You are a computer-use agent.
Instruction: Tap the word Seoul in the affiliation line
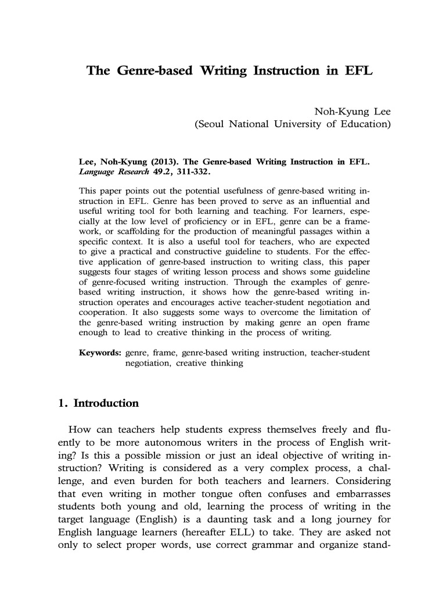pyautogui.click(x=211, y=124)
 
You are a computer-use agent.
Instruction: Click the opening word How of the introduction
pyautogui.click(x=79, y=430)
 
